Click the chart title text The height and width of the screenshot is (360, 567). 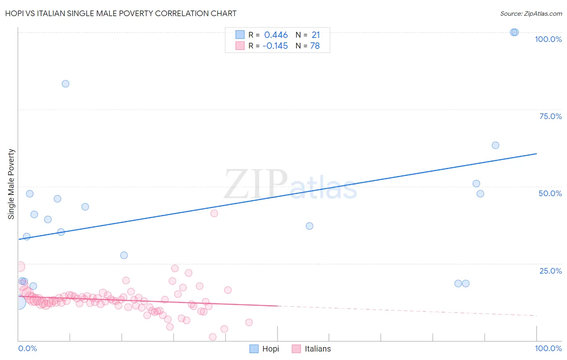(x=121, y=13)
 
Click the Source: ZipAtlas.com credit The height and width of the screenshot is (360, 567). (x=531, y=13)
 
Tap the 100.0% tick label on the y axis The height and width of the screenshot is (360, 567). (x=548, y=39)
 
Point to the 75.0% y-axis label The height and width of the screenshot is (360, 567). (x=550, y=116)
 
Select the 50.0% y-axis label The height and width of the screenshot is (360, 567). (x=550, y=193)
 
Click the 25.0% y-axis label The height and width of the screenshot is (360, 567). (x=550, y=271)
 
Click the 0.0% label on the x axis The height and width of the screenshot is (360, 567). (x=27, y=348)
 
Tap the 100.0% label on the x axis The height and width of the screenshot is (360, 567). (x=548, y=348)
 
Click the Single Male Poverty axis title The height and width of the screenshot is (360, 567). (x=11, y=184)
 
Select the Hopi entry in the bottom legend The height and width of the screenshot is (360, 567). (x=270, y=349)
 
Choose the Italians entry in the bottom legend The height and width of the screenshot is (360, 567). (x=317, y=349)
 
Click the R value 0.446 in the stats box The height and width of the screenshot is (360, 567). (x=276, y=35)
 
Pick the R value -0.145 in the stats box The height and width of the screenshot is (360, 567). (x=275, y=46)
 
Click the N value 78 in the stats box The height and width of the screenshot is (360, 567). (x=315, y=46)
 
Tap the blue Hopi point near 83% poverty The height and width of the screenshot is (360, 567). (x=65, y=84)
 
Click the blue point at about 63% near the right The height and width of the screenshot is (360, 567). (x=495, y=145)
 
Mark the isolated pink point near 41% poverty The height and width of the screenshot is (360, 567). (x=214, y=213)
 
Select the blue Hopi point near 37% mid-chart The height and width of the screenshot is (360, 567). (x=309, y=226)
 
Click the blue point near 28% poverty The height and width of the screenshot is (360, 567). (x=124, y=255)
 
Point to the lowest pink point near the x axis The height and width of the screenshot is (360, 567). (x=213, y=337)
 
